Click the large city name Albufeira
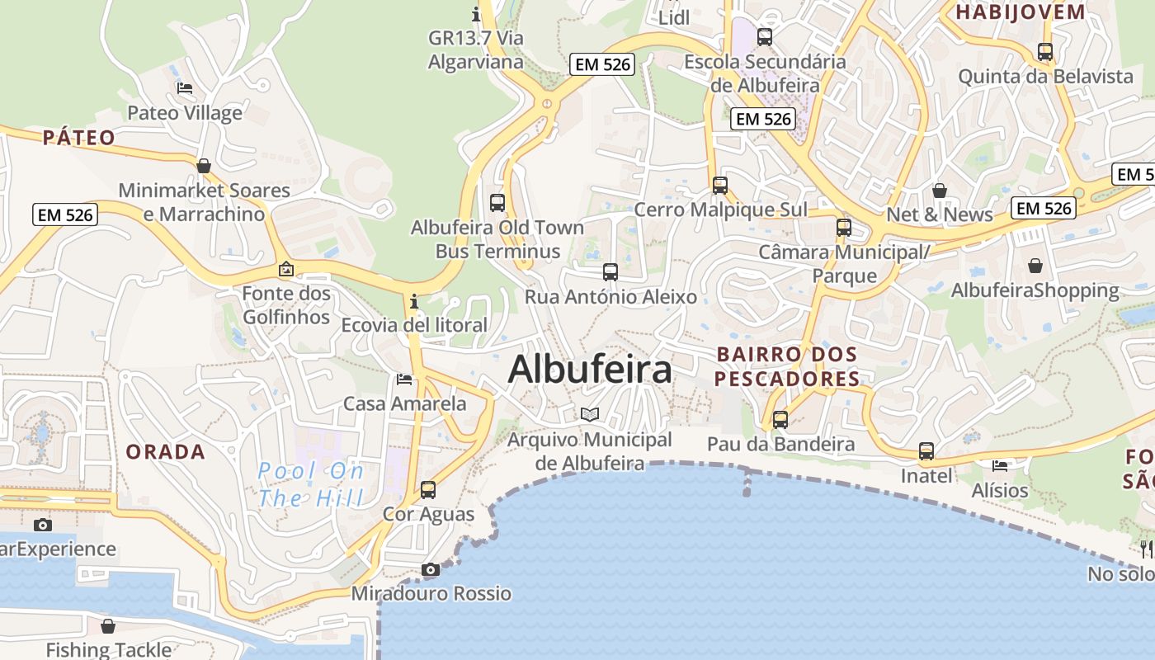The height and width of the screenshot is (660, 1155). click(590, 369)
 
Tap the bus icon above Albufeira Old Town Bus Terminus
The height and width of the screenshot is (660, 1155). click(497, 202)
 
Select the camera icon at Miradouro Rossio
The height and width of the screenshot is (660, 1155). click(430, 569)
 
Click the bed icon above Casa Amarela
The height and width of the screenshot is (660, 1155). click(404, 379)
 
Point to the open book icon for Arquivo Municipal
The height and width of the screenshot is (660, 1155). click(589, 414)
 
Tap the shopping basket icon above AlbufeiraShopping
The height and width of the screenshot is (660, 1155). click(1035, 266)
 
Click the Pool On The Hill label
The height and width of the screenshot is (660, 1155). click(310, 484)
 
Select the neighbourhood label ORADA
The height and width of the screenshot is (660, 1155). click(165, 452)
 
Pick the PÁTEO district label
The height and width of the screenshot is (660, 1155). click(79, 138)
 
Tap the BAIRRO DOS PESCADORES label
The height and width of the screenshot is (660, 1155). click(787, 366)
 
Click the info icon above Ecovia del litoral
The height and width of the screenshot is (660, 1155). click(414, 301)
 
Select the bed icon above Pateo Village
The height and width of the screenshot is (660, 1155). click(185, 88)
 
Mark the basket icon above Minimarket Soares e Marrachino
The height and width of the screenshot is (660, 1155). click(204, 166)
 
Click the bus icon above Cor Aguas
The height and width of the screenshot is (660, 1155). click(428, 489)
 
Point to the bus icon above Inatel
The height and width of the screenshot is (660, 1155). click(926, 451)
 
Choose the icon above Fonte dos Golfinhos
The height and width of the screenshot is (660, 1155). click(286, 269)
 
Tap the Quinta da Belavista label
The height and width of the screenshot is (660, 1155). click(1045, 77)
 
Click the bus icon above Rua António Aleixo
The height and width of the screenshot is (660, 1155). click(610, 272)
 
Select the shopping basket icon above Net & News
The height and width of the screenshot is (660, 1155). click(939, 191)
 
